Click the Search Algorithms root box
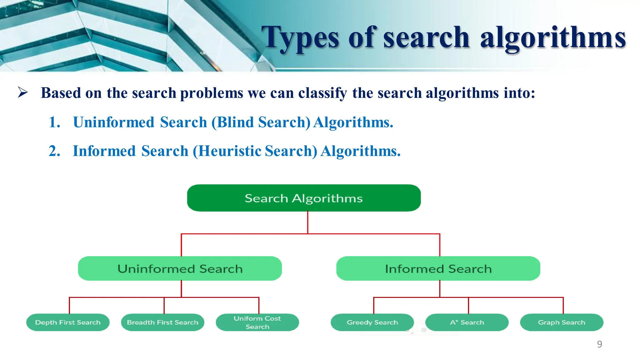tap(304, 198)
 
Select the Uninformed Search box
tap(180, 269)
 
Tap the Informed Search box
tap(438, 269)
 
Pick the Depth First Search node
tap(68, 322)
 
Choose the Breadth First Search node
tap(162, 322)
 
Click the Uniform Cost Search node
tap(257, 322)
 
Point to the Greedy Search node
tap(372, 322)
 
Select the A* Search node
tap(467, 322)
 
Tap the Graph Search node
tap(562, 322)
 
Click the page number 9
tap(599, 344)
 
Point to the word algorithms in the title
tap(553, 38)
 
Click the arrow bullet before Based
tap(23, 92)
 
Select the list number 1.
tap(54, 122)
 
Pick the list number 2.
tap(54, 151)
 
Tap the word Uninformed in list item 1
tap(114, 122)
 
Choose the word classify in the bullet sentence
tap(322, 93)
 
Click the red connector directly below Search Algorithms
tap(308, 222)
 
